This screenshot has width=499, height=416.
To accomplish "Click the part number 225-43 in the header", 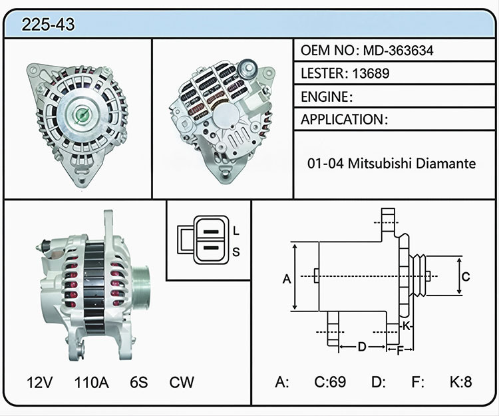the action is [x=48, y=24].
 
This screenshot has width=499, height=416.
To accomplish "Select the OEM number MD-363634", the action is [x=398, y=51].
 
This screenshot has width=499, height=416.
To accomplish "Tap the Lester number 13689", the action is [x=371, y=73].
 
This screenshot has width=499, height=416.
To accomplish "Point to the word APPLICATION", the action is [x=343, y=120].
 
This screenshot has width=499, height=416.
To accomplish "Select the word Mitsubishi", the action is [x=380, y=163].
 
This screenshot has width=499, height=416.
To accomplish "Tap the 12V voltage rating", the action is [x=40, y=382].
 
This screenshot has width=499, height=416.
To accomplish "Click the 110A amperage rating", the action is [x=92, y=382].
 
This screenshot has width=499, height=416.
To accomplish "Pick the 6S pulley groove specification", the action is [x=139, y=382].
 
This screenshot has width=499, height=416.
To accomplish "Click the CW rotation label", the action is [x=182, y=382].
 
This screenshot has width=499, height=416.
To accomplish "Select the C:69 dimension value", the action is [x=330, y=381].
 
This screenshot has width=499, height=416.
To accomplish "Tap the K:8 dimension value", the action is [x=460, y=381].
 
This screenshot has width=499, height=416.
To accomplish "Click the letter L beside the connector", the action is [x=236, y=231].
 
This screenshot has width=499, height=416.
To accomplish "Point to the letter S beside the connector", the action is [x=236, y=252].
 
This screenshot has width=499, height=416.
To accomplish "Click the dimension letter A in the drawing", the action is [x=287, y=279].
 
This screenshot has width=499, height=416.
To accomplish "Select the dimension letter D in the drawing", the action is [x=362, y=347].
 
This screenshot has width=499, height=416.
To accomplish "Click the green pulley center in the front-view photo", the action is [x=82, y=115].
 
